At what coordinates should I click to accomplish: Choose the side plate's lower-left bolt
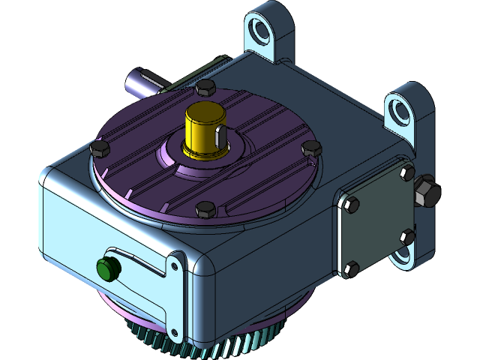pyautogui.click(x=351, y=268)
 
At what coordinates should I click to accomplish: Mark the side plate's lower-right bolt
pyautogui.click(x=407, y=237)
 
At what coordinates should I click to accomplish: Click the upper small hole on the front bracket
pyautogui.click(x=175, y=265)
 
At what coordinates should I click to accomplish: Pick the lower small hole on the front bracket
pyautogui.click(x=175, y=332)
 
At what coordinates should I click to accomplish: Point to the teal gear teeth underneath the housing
pyautogui.click(x=225, y=346)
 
